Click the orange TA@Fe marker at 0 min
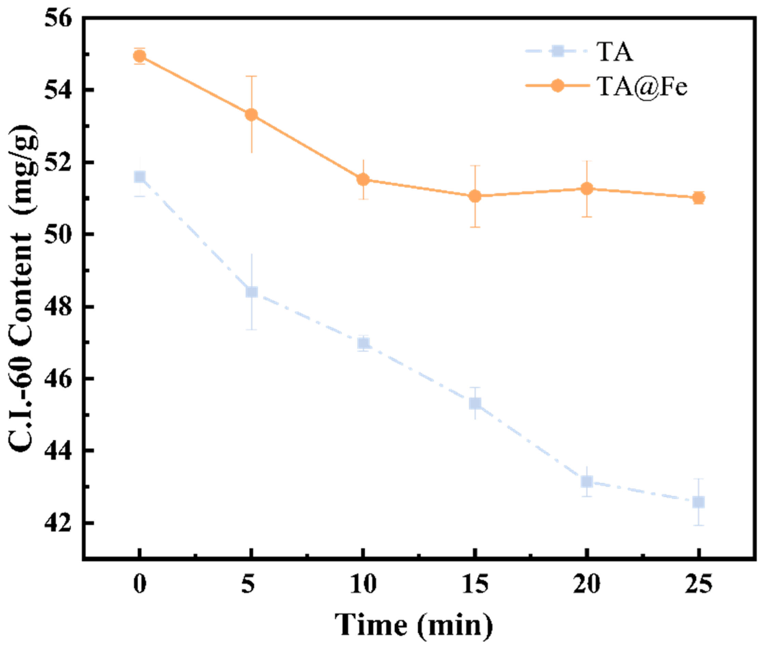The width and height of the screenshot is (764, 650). pos(139,56)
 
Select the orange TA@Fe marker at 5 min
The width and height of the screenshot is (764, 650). pos(251,115)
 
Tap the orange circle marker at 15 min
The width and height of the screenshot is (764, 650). pos(475,196)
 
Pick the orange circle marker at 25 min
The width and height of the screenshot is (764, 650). pos(698,198)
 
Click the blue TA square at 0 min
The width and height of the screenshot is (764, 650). pos(140,177)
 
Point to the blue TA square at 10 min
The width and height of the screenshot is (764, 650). pos(363,343)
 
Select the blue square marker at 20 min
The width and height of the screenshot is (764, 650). pos(587,481)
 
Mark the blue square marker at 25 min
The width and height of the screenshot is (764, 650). pos(698,502)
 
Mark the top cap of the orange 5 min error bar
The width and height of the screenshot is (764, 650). pos(251,76)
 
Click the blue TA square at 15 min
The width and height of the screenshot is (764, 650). pos(475,403)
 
